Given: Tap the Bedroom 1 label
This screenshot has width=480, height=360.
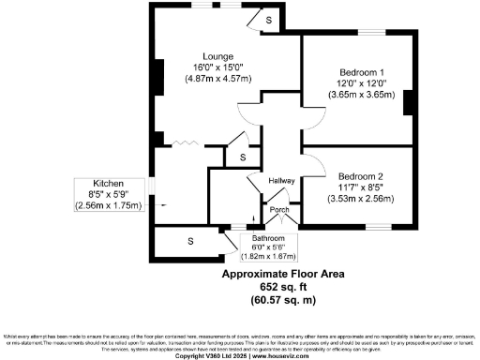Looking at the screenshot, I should (361, 72).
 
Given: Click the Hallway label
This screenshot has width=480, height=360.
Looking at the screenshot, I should (282, 181).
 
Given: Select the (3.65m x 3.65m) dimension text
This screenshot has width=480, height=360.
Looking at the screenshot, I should (361, 95).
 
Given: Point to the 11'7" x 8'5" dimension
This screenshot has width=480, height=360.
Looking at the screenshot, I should (361, 187).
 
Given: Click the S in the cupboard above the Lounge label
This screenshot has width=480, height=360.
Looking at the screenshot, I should (268, 20).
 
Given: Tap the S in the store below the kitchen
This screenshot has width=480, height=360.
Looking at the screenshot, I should (190, 242).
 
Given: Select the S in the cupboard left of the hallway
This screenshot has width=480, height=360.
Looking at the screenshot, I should (242, 157).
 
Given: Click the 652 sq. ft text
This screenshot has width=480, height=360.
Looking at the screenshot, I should (282, 288).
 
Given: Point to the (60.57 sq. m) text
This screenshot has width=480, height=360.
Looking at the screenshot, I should (282, 300).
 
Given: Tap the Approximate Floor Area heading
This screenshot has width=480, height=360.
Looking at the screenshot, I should (282, 275).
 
